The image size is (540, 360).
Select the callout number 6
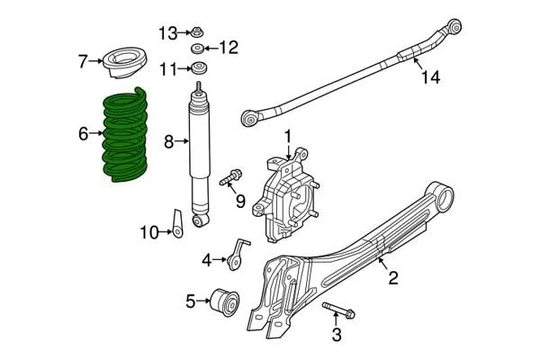pyautogui.click(x=83, y=134)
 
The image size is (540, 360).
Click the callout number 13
pyautogui.click(x=168, y=33)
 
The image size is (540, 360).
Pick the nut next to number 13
pyautogui.click(x=195, y=32)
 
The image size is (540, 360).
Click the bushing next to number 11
pyautogui.click(x=196, y=69)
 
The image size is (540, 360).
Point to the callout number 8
pyautogui.click(x=168, y=140)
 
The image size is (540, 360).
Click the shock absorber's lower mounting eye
pyautogui.click(x=202, y=219)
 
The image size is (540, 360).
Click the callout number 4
pyautogui.click(x=206, y=260)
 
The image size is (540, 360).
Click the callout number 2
pyautogui.click(x=392, y=278)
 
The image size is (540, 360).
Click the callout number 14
pyautogui.click(x=430, y=77)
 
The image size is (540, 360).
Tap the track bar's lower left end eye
pyautogui.click(x=251, y=118)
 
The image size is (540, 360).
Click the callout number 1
pyautogui.click(x=289, y=136)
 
